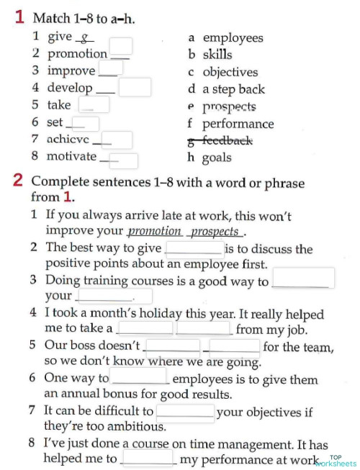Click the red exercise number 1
(x=20, y=17)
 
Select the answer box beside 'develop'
(x=135, y=87)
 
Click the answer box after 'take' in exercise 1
(x=99, y=105)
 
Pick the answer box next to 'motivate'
(x=124, y=160)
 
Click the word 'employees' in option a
(x=233, y=37)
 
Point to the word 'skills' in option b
(x=217, y=55)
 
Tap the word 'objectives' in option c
(x=230, y=72)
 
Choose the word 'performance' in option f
(x=238, y=123)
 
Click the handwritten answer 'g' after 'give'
(x=84, y=37)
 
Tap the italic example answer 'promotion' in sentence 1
(x=154, y=231)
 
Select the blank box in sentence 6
(x=141, y=378)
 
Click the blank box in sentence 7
(x=185, y=412)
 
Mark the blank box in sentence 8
(x=149, y=458)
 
